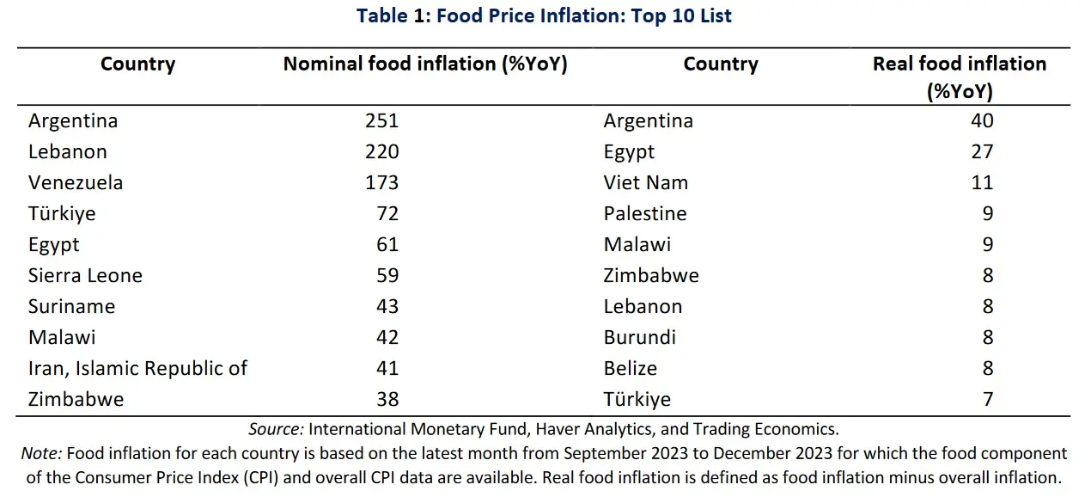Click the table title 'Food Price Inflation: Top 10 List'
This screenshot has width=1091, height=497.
[x=545, y=15]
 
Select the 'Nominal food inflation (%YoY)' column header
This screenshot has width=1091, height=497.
[x=425, y=64]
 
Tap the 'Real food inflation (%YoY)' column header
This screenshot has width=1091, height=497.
[x=959, y=77]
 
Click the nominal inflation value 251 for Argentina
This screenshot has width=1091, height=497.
[x=381, y=120]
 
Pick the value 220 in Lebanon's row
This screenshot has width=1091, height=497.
[x=381, y=151]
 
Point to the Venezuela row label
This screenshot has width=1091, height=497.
[x=76, y=182]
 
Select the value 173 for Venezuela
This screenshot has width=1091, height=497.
[x=381, y=182]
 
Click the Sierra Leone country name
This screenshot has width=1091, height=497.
[x=85, y=275]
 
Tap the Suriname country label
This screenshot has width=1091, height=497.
[x=71, y=306]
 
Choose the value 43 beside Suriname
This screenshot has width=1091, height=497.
[x=387, y=306]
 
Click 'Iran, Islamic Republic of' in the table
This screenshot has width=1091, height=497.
[x=137, y=368]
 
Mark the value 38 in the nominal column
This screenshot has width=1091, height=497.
[x=387, y=399]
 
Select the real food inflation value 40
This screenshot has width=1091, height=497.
[x=982, y=120]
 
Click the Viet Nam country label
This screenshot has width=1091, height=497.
[x=645, y=182]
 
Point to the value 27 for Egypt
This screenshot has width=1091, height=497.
[x=982, y=151]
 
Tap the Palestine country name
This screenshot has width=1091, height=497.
[x=645, y=213]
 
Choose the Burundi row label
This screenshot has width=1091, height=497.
[x=640, y=337]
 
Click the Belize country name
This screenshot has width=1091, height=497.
[x=631, y=368]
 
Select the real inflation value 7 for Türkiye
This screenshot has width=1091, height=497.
[x=988, y=399]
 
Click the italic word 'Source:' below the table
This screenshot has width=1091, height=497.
[x=275, y=428]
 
